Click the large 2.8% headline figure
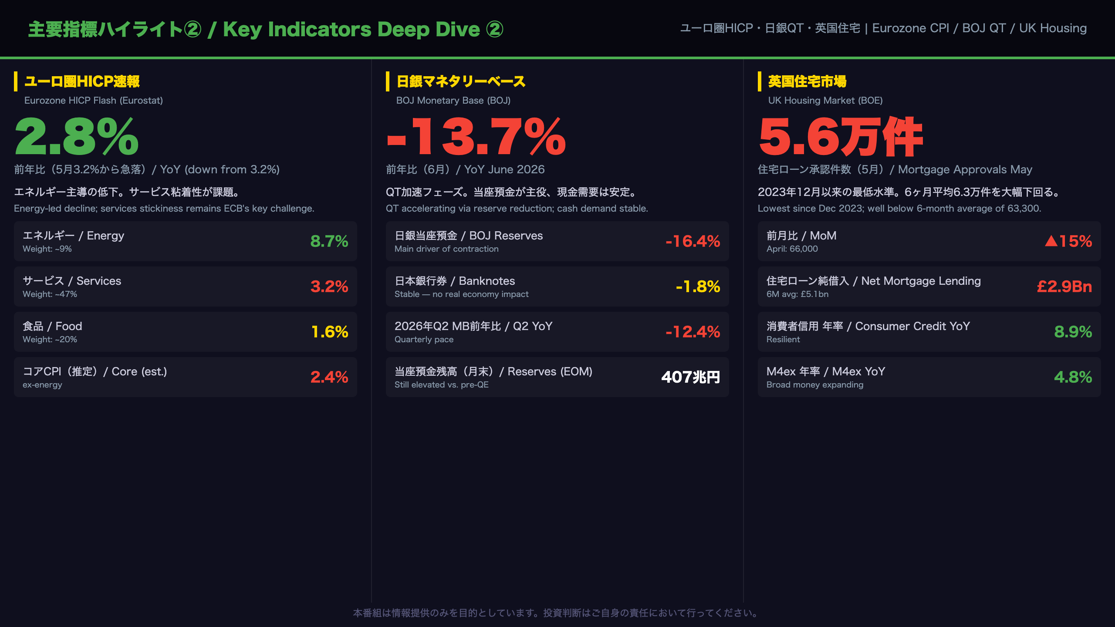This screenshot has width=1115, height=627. click(77, 137)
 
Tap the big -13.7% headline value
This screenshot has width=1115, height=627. click(476, 137)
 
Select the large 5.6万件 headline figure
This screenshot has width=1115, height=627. click(841, 137)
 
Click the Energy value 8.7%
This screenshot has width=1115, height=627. click(329, 241)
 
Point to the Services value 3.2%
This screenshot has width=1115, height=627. click(329, 287)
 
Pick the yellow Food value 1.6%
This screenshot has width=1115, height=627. click(330, 332)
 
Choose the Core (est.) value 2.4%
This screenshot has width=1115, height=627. click(329, 377)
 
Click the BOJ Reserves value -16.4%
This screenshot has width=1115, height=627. click(693, 241)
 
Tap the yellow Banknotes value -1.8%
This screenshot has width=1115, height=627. click(698, 287)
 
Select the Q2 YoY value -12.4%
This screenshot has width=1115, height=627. click(693, 332)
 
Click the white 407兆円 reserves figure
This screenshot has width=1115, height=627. click(691, 377)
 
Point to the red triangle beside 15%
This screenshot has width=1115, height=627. click(1051, 241)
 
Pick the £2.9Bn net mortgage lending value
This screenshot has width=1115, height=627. click(1064, 287)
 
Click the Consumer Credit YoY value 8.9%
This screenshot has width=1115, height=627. click(1073, 332)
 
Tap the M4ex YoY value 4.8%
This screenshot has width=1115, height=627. click(1073, 377)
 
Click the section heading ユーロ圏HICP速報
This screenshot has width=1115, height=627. click(82, 81)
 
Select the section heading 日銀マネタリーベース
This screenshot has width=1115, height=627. click(461, 81)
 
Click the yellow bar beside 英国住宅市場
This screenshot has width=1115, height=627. click(760, 81)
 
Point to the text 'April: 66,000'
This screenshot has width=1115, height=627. click(792, 249)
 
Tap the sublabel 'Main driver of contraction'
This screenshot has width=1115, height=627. click(446, 249)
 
